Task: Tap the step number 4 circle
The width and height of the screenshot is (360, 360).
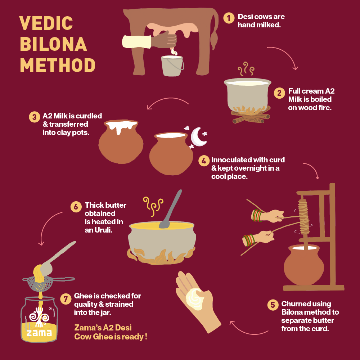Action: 204,161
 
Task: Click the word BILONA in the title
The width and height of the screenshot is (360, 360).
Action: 53,44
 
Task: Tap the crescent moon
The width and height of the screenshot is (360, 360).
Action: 198,137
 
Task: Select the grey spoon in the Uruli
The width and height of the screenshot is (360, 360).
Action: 171,210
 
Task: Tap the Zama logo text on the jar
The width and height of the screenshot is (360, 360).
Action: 39,332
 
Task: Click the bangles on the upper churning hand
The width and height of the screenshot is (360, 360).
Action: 257,215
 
